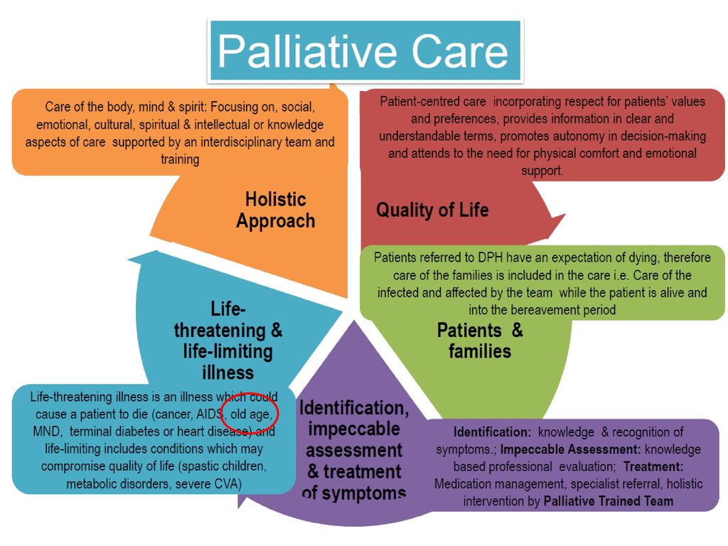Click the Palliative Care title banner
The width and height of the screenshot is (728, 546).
point(365,50)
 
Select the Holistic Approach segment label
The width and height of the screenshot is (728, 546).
point(275,210)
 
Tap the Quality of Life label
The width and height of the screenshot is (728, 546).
point(432,210)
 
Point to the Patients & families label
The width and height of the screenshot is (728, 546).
point(480,341)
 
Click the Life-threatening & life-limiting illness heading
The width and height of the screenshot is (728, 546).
point(228,341)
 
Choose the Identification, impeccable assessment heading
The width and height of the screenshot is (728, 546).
point(354,450)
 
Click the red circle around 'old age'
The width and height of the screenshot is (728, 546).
point(250,413)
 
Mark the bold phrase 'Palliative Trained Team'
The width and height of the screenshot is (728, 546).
point(609,501)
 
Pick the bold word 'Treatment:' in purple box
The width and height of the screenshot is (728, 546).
point(653,466)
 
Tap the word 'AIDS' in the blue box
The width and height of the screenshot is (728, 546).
point(210,414)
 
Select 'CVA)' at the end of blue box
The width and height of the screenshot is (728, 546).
point(228,483)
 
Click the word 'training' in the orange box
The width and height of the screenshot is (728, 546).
point(180,159)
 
